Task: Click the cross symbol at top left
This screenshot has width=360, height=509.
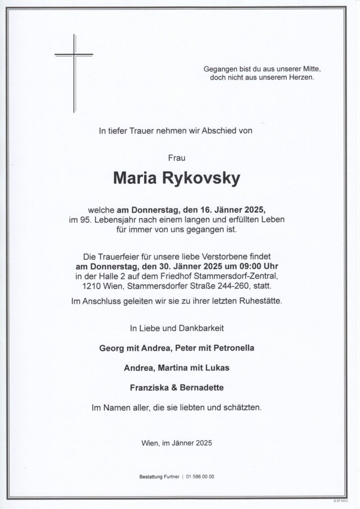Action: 74,70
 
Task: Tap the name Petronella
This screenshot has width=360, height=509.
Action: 234,348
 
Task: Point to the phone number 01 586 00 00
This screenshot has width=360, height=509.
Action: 200,477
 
